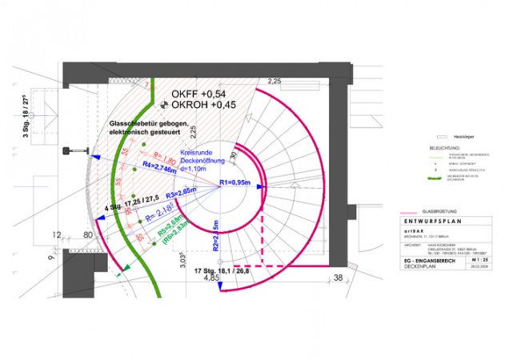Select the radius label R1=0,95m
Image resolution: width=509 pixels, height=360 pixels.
238,185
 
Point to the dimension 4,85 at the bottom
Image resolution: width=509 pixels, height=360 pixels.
210,279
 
